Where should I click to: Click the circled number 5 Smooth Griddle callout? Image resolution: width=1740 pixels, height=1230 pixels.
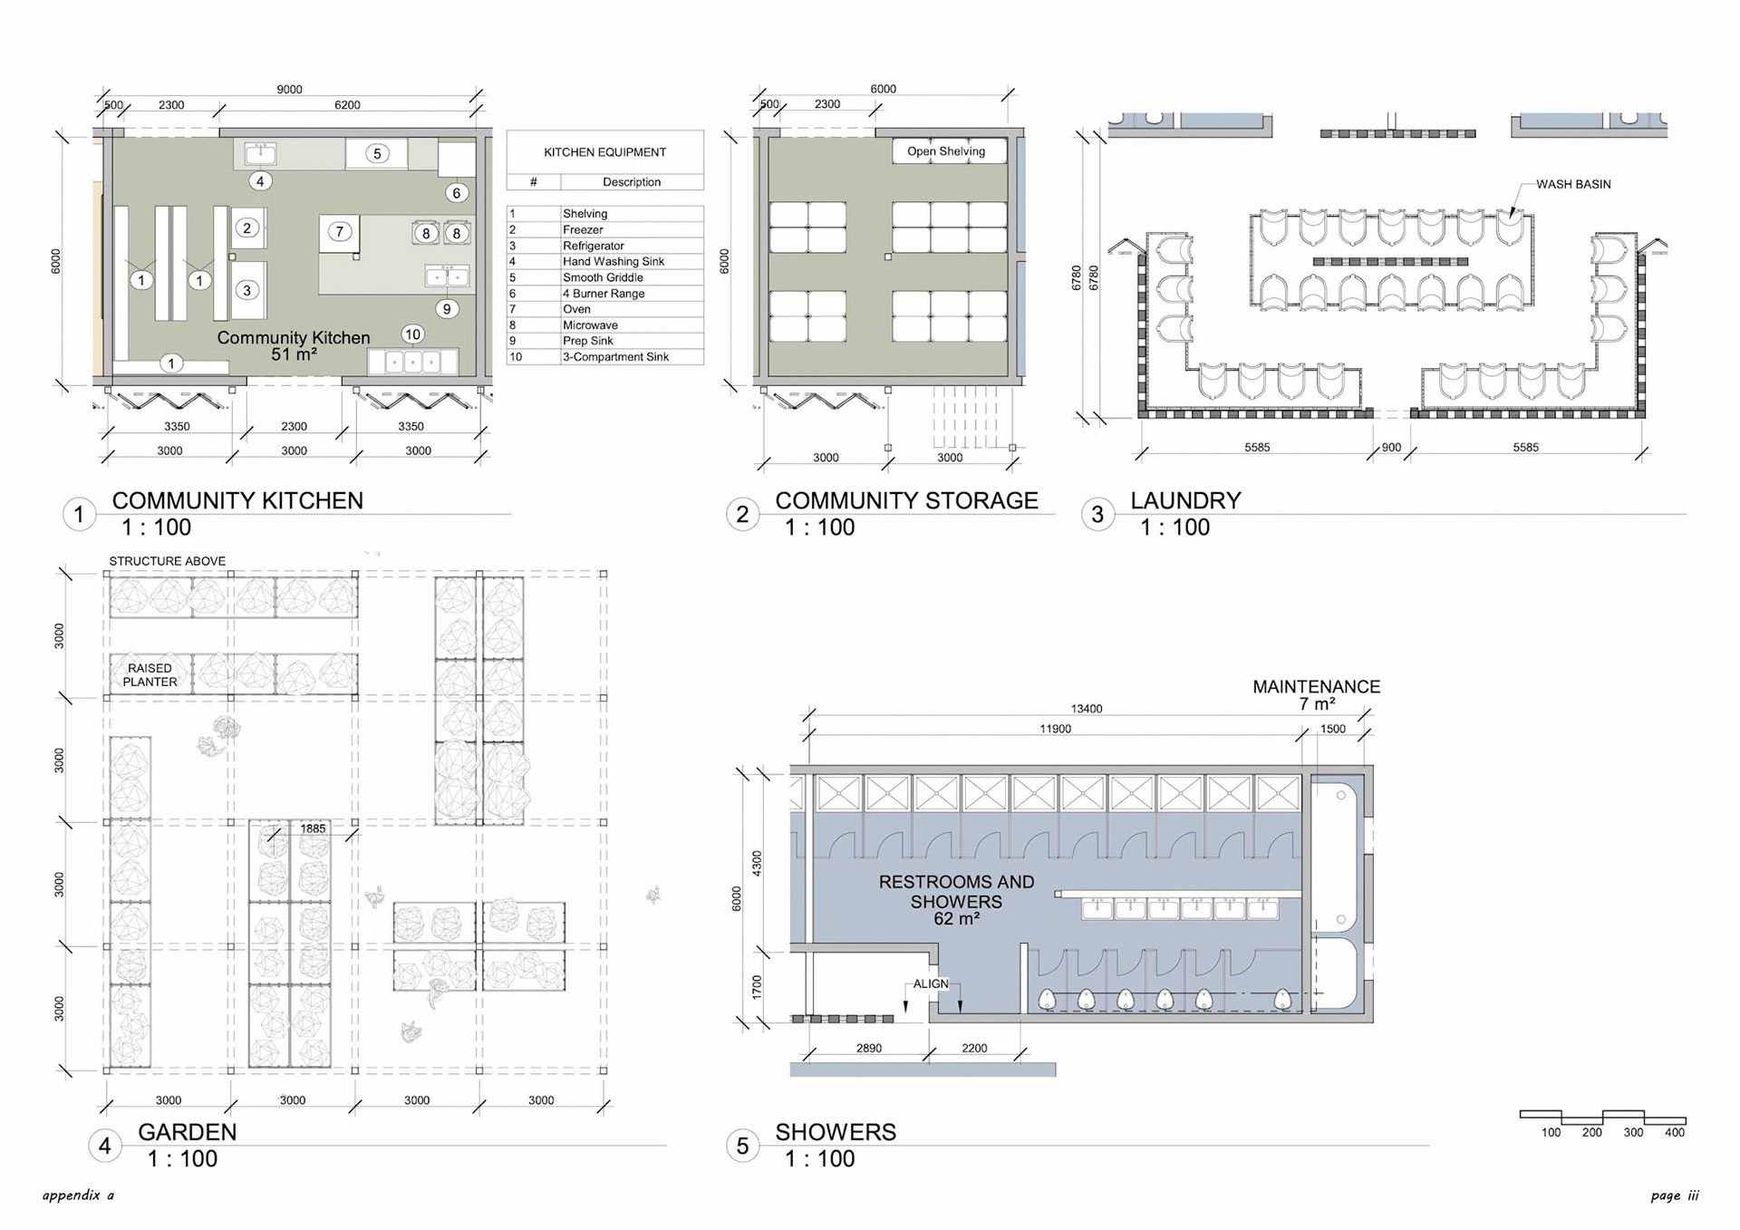point(378,153)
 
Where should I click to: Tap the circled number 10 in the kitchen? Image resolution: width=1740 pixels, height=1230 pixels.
point(412,334)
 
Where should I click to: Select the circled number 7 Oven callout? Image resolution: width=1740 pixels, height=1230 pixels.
point(340,231)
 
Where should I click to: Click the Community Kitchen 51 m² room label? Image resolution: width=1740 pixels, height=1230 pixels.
point(294,345)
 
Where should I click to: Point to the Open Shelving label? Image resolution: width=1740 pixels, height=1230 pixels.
point(946,151)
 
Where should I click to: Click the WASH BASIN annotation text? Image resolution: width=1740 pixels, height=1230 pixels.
point(1573,184)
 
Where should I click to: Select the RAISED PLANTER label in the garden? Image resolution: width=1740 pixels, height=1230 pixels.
point(150,675)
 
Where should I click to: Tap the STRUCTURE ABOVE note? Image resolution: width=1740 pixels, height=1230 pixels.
point(168,561)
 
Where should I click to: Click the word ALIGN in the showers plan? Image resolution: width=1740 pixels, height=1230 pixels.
point(931,983)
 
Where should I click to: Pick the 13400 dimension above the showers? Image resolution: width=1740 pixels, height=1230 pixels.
point(1087,709)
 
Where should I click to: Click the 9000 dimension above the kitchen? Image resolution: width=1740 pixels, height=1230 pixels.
point(289,89)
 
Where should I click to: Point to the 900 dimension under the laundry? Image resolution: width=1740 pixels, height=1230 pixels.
point(1391,447)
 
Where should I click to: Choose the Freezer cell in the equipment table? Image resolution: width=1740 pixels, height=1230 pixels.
point(583,229)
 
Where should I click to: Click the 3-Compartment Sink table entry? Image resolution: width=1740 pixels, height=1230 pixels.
point(615,357)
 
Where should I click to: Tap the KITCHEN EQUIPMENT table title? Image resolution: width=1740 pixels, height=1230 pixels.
point(604,152)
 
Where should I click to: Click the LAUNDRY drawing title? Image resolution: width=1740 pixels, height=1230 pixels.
point(1185,500)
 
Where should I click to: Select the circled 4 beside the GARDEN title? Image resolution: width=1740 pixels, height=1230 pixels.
point(105,1147)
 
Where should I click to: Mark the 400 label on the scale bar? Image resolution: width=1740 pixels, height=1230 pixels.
point(1675,1132)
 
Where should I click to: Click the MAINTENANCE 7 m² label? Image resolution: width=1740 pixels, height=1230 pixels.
point(1316,695)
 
